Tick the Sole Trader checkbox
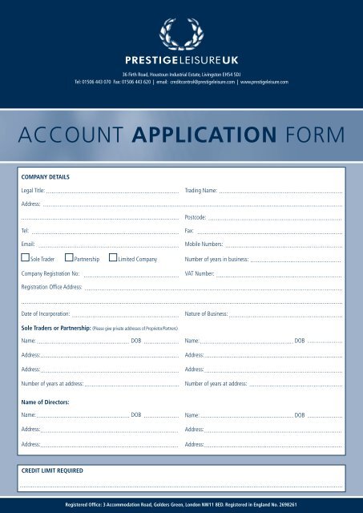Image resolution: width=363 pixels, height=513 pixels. [26, 259]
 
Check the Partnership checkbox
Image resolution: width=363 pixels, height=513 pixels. [69, 259]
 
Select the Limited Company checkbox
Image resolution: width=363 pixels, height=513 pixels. [112, 259]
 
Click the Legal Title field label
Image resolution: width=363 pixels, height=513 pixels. [33, 192]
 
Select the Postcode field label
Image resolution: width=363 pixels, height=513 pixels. [196, 217]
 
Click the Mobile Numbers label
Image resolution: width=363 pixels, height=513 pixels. [204, 243]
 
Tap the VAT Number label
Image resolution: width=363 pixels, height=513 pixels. [199, 273]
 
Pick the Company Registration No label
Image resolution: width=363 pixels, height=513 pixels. [51, 273]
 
